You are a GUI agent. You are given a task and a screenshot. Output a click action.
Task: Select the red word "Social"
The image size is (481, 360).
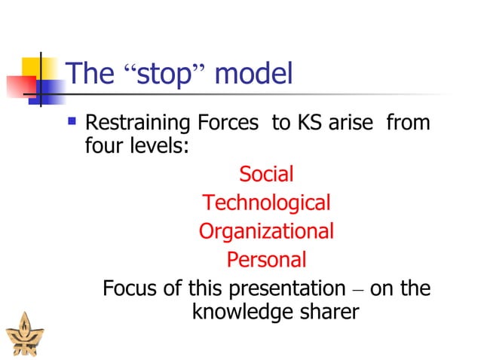[266, 174]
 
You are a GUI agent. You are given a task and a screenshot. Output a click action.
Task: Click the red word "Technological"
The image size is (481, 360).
[266, 203]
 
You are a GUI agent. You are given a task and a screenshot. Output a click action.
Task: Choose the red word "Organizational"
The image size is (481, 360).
[266, 231]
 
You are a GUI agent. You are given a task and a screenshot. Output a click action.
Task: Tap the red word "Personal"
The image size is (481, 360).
[266, 260]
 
